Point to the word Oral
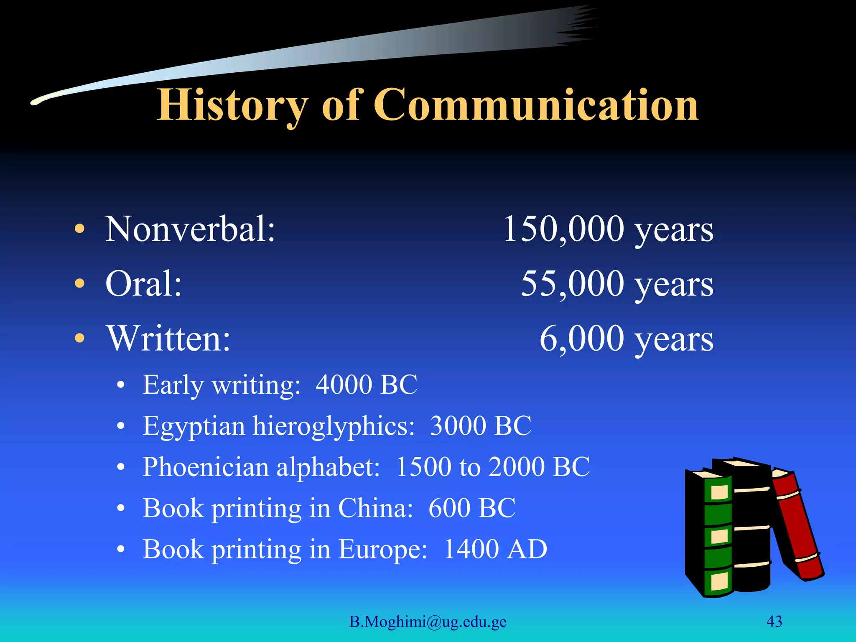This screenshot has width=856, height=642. coord(143,283)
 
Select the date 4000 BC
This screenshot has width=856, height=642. coord(366,384)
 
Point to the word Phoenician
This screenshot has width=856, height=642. coord(205,466)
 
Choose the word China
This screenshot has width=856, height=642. coord(375,508)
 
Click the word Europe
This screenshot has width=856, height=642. coord(383,549)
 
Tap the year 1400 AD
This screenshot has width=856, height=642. coord(495,549)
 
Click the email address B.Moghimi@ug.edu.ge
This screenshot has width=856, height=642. coord(428,622)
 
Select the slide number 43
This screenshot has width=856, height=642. coord(774,622)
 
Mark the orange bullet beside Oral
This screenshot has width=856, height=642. coord(79,284)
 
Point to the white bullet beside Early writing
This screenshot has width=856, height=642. coord(121,385)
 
